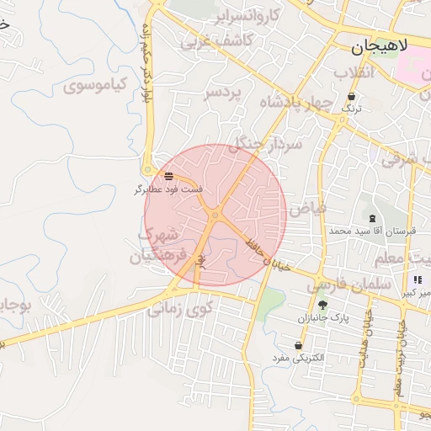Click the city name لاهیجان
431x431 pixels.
point(378,47)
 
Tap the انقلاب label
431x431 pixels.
point(353,72)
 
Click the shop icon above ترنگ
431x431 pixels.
point(351,97)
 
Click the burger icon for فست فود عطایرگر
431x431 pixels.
point(169,177)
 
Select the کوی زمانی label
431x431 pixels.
point(180,310)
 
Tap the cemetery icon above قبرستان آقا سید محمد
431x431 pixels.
point(373,218)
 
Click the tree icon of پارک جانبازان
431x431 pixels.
point(322,306)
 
